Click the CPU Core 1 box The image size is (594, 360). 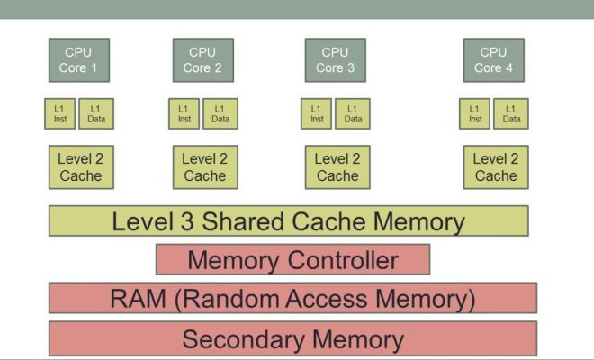point(78,60)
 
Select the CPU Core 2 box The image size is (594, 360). point(203,60)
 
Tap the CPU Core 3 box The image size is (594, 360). point(335,60)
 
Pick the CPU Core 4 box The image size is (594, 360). point(493,60)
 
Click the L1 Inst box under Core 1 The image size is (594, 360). point(60,113)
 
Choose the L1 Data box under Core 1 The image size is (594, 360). point(96,113)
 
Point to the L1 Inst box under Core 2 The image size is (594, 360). point(184,113)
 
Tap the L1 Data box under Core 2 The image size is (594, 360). point(220,113)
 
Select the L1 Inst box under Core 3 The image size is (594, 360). point(316,113)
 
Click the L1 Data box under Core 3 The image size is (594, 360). point(353,113)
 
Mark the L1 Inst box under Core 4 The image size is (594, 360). point(475,113)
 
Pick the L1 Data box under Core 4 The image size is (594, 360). point(511,113)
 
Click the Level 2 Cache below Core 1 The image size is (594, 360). point(81,166)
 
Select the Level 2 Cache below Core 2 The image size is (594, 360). point(205,166)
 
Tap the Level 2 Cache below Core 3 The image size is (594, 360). point(337,166)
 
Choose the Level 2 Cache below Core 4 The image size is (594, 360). point(496,166)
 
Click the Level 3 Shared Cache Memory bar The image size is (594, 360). point(288,221)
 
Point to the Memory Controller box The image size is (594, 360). point(292,260)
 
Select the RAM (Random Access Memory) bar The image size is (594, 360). point(292,298)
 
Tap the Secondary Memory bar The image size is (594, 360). point(292,338)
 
